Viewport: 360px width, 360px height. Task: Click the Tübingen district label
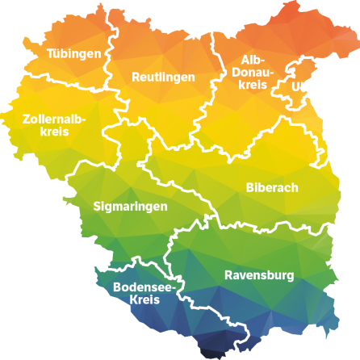pyautogui.click(x=74, y=54)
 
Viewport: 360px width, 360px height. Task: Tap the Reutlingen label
pyautogui.click(x=163, y=77)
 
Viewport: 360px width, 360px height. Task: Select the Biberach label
pyautogui.click(x=272, y=187)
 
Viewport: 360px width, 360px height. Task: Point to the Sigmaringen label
pyautogui.click(x=131, y=207)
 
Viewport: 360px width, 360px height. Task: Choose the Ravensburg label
pyautogui.click(x=259, y=275)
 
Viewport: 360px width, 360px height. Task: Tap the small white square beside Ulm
pyautogui.click(x=309, y=86)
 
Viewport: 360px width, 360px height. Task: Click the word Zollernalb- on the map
pyautogui.click(x=54, y=119)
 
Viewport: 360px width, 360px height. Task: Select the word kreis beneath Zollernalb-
pyautogui.click(x=54, y=132)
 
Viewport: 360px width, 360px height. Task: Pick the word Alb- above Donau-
pyautogui.click(x=253, y=60)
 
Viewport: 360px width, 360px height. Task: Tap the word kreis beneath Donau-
pyautogui.click(x=253, y=85)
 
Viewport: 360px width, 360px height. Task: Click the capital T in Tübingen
pyautogui.click(x=50, y=54)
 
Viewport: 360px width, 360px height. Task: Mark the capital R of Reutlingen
pyautogui.click(x=136, y=77)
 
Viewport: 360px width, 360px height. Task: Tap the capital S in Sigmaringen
pyautogui.click(x=98, y=207)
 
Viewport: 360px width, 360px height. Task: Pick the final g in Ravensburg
pyautogui.click(x=290, y=277)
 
